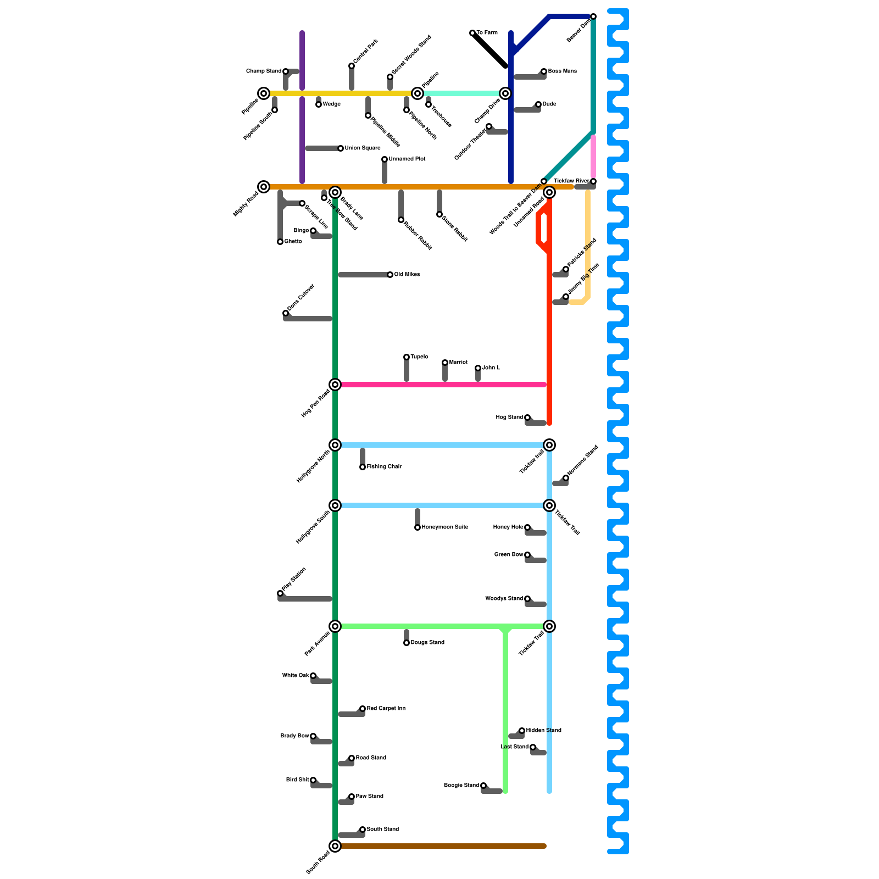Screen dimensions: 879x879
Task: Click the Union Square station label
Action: pyautogui.click(x=362, y=148)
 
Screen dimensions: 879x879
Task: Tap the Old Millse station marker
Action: pyautogui.click(x=390, y=275)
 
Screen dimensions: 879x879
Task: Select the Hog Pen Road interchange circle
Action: pyautogui.click(x=335, y=385)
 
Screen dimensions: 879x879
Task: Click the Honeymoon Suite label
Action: pyautogui.click(x=444, y=527)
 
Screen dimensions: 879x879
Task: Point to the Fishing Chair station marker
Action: pyautogui.click(x=363, y=467)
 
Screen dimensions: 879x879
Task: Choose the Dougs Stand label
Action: pyautogui.click(x=427, y=643)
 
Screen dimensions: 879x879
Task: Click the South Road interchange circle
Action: pyautogui.click(x=335, y=846)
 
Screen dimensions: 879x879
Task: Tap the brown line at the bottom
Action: pyautogui.click(x=439, y=846)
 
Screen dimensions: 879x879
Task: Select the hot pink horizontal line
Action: pyautogui.click(x=439, y=385)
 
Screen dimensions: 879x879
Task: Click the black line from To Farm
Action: pyautogui.click(x=489, y=49)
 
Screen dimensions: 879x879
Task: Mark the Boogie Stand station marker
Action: pyautogui.click(x=483, y=786)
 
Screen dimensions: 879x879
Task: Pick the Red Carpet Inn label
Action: pyautogui.click(x=386, y=709)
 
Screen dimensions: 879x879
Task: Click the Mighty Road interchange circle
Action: pyautogui.click(x=264, y=187)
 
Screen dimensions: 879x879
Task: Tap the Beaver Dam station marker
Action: pyautogui.click(x=593, y=16)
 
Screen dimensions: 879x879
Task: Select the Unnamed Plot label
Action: pyautogui.click(x=407, y=159)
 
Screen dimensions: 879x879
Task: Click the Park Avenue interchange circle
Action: pyautogui.click(x=335, y=626)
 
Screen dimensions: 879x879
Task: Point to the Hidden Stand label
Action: pyautogui.click(x=543, y=731)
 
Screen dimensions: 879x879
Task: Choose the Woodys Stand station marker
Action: pyautogui.click(x=527, y=599)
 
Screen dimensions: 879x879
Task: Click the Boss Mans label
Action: pyautogui.click(x=562, y=71)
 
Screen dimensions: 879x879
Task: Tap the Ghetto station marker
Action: pyautogui.click(x=280, y=242)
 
